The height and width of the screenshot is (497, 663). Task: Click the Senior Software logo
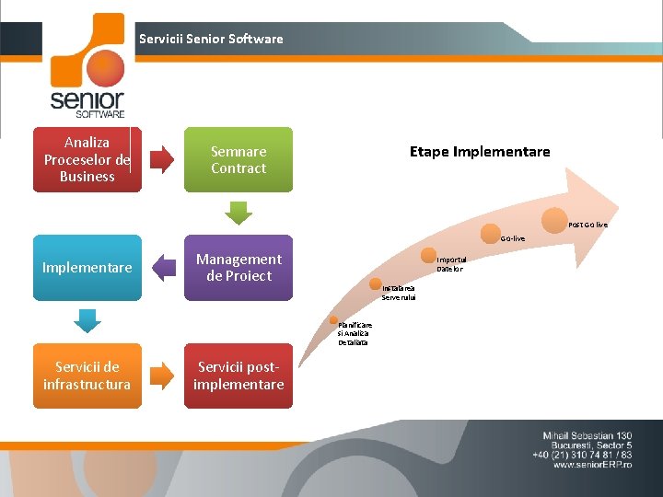pos(87,66)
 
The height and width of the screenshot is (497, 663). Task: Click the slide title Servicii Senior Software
pos(211,39)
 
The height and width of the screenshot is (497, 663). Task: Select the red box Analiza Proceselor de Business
pos(87,159)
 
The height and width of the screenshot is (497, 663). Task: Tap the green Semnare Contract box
pos(238,159)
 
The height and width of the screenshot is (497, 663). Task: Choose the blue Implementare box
pos(87,268)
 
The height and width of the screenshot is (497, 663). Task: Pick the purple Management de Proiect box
pos(238,268)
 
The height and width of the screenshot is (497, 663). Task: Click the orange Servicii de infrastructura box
pos(87,376)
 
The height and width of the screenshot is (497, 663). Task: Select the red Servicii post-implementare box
pos(238,376)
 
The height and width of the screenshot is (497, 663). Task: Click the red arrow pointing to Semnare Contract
pos(162,159)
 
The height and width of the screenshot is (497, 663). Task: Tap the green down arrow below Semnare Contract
pos(238,213)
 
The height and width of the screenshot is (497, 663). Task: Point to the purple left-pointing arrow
pos(163,268)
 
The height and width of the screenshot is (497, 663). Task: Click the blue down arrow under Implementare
pos(87,320)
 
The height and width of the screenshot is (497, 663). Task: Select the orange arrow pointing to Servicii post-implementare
pos(162,375)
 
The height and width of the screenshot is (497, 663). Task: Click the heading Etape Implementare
pos(480,152)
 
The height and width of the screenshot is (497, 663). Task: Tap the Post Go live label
pos(587,225)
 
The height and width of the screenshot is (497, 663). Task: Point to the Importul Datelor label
pos(450,264)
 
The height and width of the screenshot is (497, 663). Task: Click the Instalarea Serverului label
pos(399,293)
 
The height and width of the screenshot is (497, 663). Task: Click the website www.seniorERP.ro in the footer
pos(593,465)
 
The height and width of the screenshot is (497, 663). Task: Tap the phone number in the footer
pos(581,455)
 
